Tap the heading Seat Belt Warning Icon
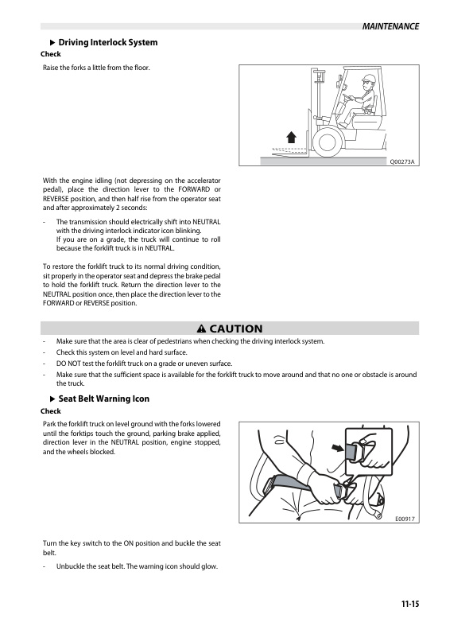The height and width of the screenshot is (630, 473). (104, 399)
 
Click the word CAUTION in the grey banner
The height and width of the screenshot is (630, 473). (235, 329)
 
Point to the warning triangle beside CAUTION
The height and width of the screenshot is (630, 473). (201, 329)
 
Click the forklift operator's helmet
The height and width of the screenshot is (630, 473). (366, 80)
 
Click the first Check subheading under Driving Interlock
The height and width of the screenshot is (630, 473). (50, 54)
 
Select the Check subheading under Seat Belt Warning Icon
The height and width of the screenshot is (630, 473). (50, 410)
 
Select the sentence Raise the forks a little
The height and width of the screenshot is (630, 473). (96, 68)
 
